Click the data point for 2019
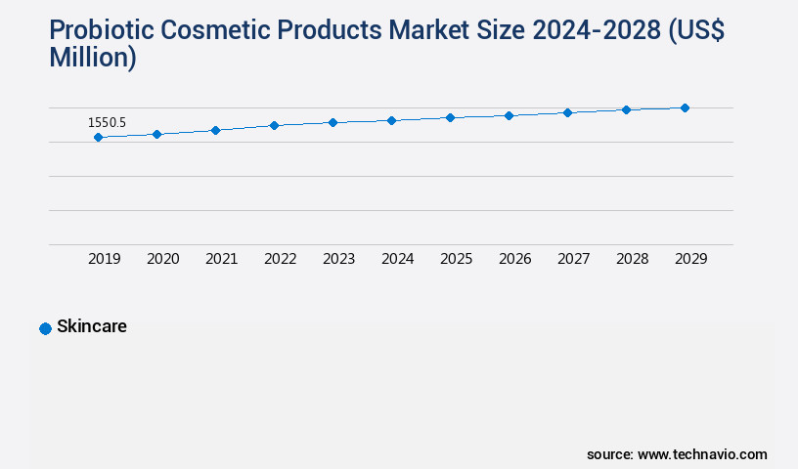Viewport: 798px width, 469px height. [98, 138]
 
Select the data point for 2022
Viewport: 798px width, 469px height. [274, 125]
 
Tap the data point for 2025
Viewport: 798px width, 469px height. [450, 117]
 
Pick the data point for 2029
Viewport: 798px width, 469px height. [685, 107]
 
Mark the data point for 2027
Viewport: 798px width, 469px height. [567, 112]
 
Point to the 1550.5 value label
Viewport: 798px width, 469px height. [107, 123]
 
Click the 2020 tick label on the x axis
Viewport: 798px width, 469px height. [162, 259]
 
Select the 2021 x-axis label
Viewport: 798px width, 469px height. [221, 259]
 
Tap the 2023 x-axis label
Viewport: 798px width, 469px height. [338, 259]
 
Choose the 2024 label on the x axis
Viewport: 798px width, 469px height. [397, 259]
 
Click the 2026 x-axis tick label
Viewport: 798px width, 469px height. [514, 259]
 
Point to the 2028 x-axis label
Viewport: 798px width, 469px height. [632, 259]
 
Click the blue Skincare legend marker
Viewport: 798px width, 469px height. [45, 328]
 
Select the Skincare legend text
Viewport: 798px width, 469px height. [92, 327]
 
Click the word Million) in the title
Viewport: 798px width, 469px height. [93, 58]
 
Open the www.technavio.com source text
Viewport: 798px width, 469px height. [702, 454]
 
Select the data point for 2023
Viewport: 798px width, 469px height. [332, 122]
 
